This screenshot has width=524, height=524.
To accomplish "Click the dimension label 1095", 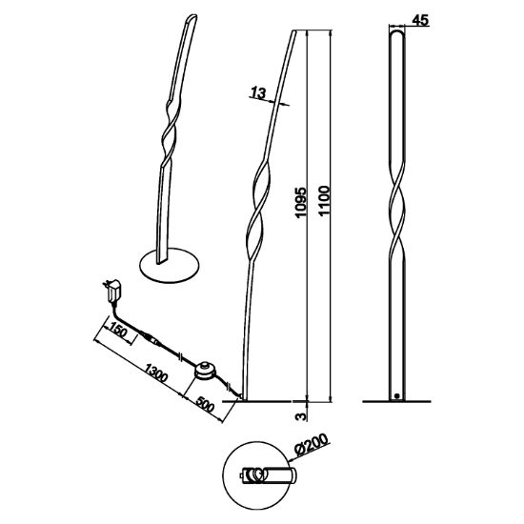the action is coord(300,203).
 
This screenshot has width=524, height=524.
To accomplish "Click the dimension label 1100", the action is coord(324,201).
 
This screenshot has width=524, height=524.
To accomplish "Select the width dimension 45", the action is coord(420,20).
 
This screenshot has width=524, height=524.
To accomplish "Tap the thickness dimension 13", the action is coord(258,92).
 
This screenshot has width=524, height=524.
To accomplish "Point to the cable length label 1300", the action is coord(155,372).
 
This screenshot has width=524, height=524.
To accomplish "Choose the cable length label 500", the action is coord(204,404).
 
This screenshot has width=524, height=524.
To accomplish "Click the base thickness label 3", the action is coord(301,416).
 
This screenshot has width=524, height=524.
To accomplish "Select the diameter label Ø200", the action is coord(312,444).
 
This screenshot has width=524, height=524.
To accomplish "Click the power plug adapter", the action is coord(112,290).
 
